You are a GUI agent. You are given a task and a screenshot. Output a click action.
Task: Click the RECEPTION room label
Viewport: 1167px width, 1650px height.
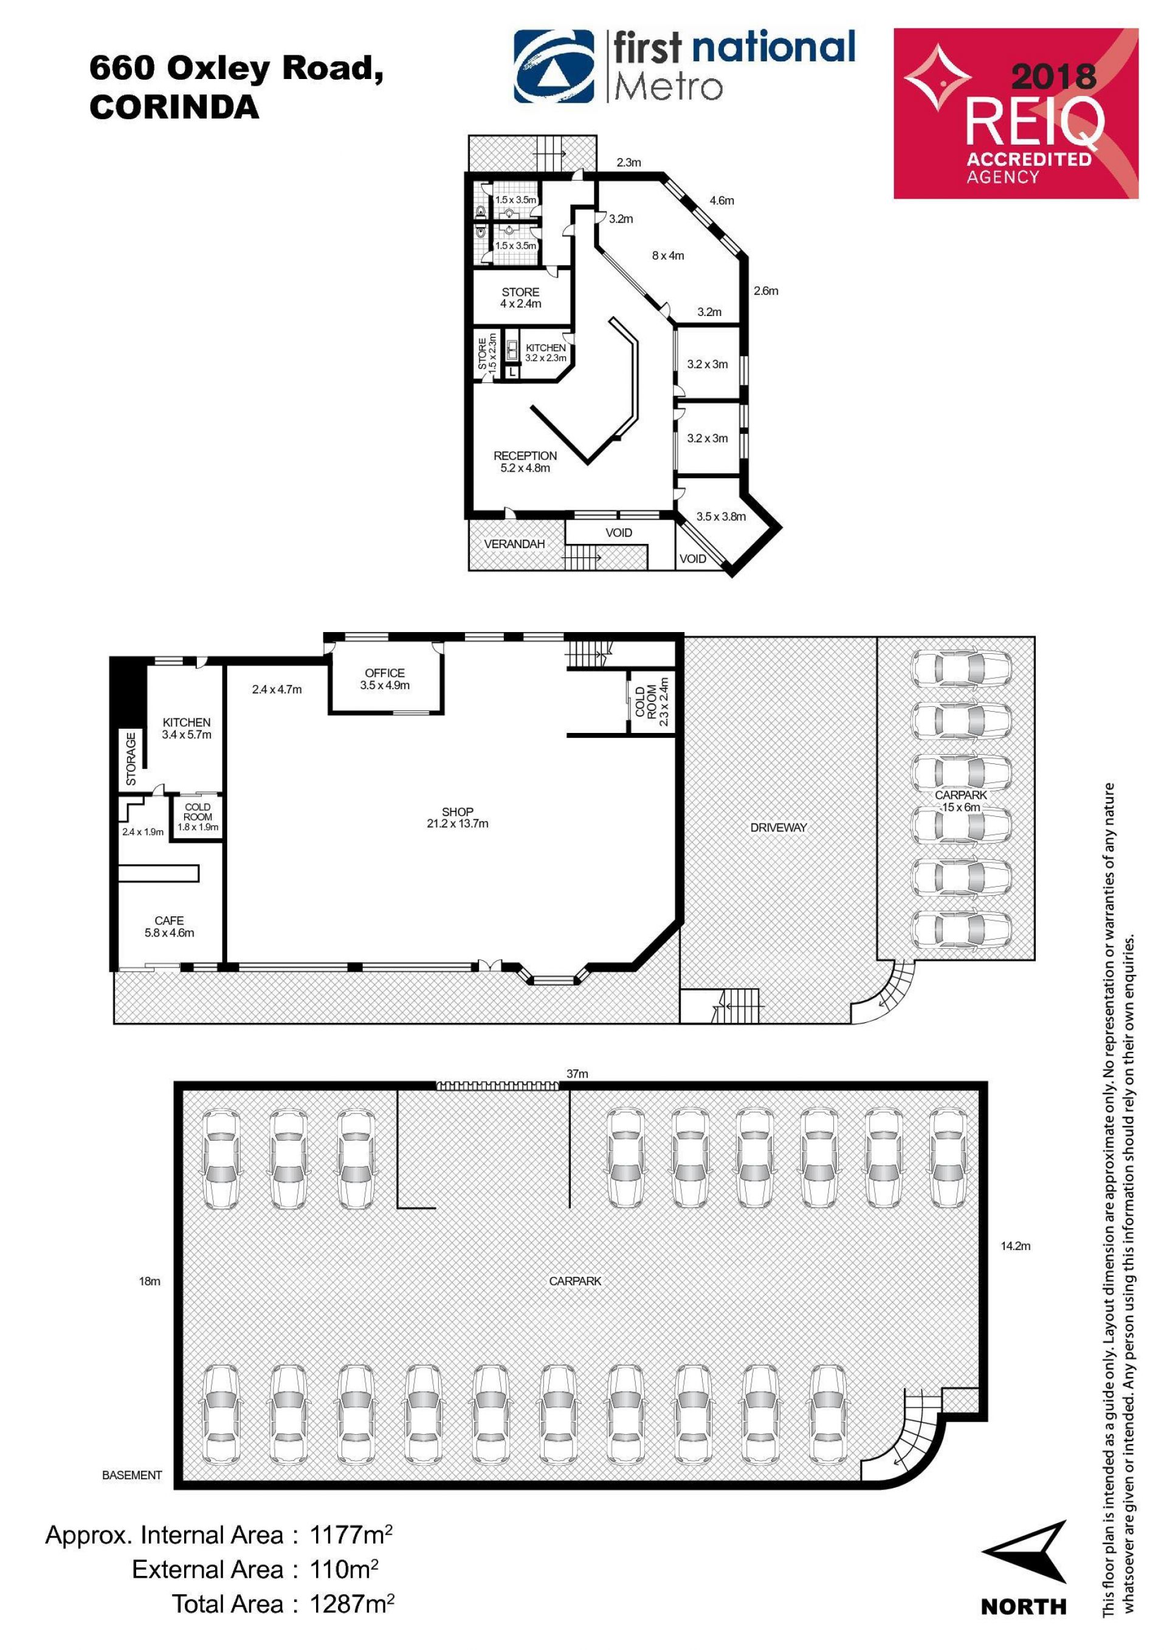(525, 456)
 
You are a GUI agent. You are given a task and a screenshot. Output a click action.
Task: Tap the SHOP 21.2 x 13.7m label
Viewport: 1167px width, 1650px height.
(457, 818)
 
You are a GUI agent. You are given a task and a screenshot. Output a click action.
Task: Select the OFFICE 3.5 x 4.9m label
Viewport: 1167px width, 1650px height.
(385, 679)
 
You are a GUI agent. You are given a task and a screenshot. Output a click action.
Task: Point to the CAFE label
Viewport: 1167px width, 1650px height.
(169, 921)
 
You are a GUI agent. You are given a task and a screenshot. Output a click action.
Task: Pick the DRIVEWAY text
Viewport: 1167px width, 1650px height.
(778, 828)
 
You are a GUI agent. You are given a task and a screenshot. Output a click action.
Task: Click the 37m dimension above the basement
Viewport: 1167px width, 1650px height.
(577, 1074)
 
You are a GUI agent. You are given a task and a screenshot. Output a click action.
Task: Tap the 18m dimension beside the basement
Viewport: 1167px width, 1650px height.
(150, 1281)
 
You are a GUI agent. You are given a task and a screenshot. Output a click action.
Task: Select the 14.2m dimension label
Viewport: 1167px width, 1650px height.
(1016, 1246)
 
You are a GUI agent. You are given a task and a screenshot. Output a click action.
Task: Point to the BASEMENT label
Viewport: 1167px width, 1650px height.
(133, 1476)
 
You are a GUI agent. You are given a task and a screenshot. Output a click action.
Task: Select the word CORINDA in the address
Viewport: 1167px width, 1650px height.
(174, 107)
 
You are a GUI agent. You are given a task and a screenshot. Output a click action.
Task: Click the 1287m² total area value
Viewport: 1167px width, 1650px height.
(351, 1603)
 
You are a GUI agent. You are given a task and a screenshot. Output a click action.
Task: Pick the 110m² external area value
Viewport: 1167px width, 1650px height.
(343, 1570)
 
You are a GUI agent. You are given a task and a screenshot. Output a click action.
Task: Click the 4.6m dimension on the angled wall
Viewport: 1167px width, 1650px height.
(721, 201)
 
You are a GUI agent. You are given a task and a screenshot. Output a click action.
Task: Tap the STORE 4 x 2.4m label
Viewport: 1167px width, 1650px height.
(520, 298)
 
